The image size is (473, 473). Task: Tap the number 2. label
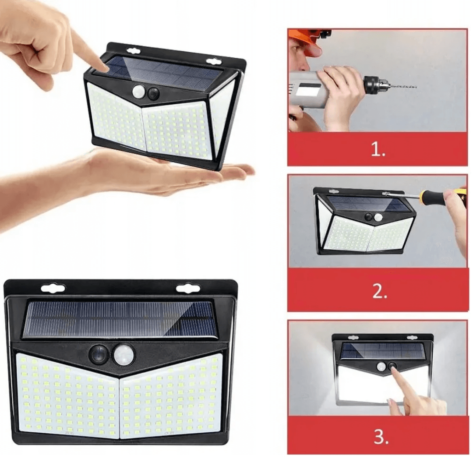379,292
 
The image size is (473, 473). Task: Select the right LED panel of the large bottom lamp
173,396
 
